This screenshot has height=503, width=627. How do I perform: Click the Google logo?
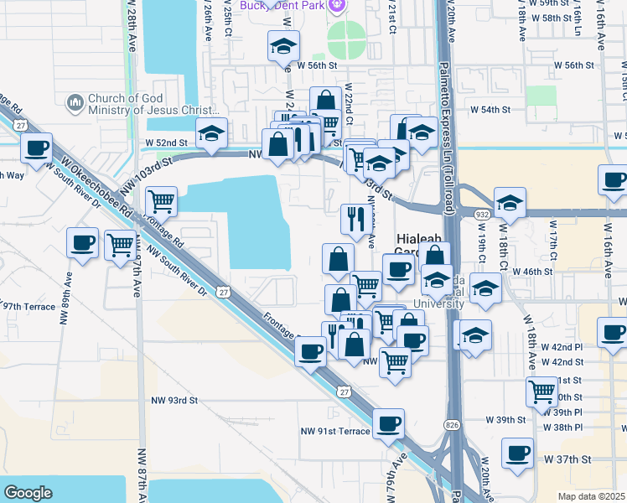coord(28,493)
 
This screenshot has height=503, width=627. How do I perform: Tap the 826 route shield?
coord(452,427)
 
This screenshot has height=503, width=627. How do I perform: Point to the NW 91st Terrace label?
coord(335,431)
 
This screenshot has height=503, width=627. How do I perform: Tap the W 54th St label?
coord(490,109)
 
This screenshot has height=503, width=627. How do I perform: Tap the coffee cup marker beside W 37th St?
coord(517,452)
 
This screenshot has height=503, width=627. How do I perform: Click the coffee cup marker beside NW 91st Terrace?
coord(388,423)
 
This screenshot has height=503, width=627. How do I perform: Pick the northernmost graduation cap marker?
coord(283,45)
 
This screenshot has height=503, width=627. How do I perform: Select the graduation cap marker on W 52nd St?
coord(211,132)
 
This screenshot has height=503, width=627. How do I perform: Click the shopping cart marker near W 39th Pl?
coord(541,391)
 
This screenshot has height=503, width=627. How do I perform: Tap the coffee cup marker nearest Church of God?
coord(37,148)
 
